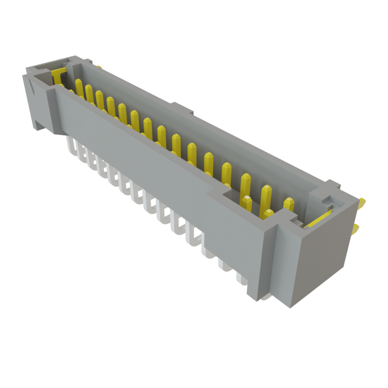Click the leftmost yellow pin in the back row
79,87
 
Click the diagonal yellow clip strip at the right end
318,219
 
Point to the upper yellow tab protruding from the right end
362,202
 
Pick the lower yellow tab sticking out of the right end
356,228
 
